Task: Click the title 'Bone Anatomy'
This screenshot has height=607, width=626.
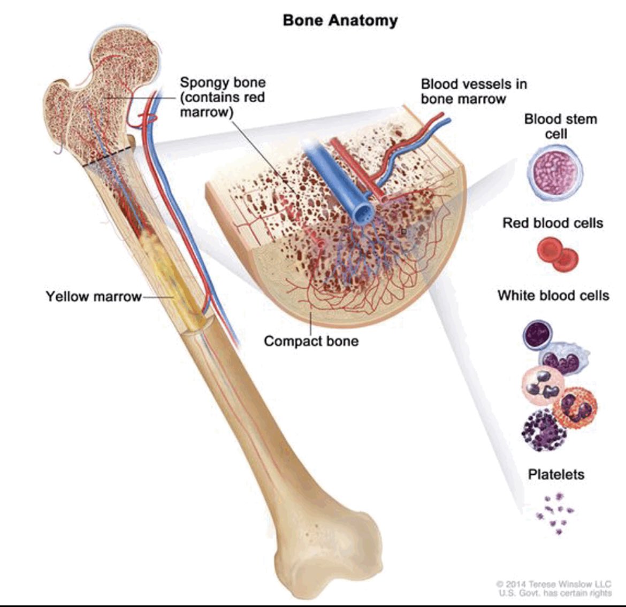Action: click(340, 20)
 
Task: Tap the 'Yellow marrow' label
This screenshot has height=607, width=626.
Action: click(94, 296)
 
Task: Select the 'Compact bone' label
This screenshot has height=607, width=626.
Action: click(311, 341)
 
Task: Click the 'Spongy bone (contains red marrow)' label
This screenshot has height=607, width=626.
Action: click(222, 97)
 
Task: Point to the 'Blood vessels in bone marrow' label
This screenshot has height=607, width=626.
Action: click(474, 91)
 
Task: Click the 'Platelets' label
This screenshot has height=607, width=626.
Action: click(556, 474)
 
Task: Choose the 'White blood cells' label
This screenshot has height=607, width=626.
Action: click(553, 295)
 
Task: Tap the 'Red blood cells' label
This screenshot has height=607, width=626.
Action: click(553, 222)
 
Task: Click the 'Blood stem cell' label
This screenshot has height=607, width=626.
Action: click(560, 126)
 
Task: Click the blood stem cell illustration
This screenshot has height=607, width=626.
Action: click(554, 172)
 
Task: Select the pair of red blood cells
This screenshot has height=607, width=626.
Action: click(558, 253)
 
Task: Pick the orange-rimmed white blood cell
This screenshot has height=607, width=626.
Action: click(574, 408)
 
